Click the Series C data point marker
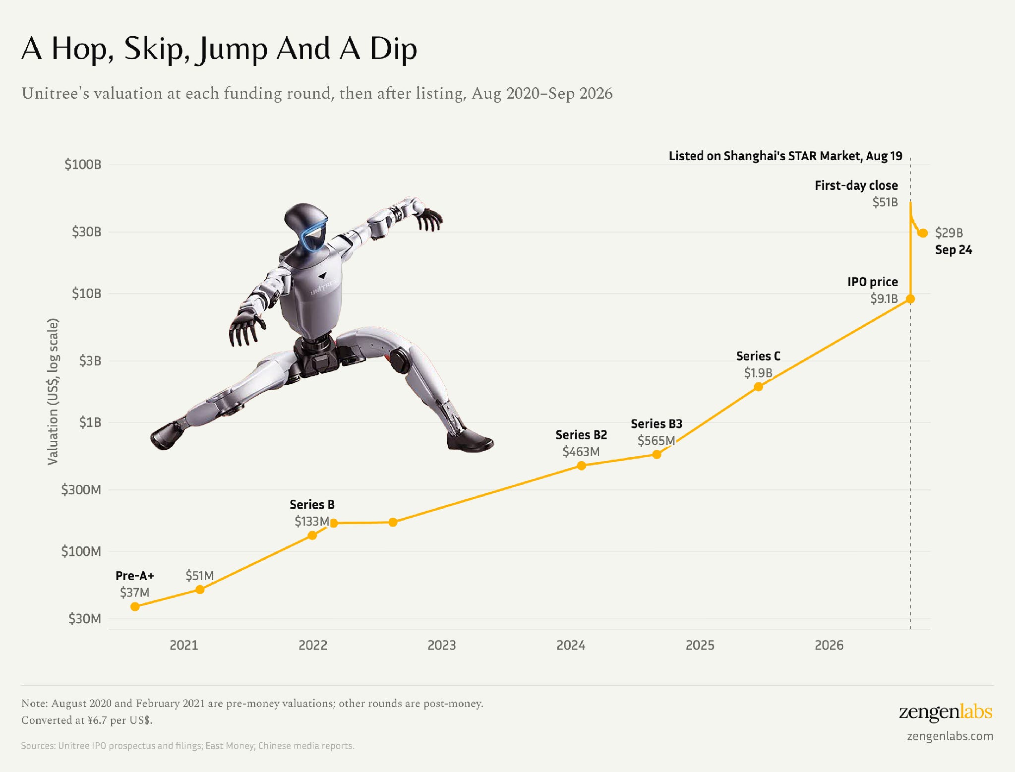click(x=758, y=387)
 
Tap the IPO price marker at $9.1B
click(x=910, y=299)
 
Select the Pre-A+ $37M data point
click(x=135, y=606)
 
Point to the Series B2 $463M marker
click(x=582, y=466)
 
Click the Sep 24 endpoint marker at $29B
click(x=923, y=233)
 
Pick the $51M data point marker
click(x=200, y=590)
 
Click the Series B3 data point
click(x=657, y=454)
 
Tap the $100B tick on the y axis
click(x=83, y=165)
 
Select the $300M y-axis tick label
click(x=81, y=490)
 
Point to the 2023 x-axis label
click(x=442, y=645)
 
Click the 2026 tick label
click(x=829, y=645)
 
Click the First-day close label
click(x=856, y=185)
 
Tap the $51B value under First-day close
click(x=885, y=202)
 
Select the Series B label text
click(x=312, y=505)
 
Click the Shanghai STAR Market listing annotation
click(x=785, y=156)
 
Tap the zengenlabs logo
click(x=946, y=713)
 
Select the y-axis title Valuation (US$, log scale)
click(x=53, y=392)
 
